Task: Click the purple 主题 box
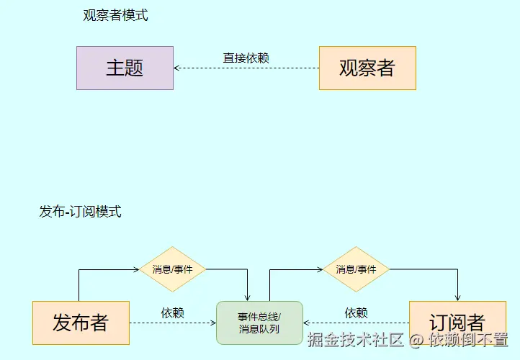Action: (125, 68)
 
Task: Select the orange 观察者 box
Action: (367, 68)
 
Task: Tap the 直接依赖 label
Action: (246, 58)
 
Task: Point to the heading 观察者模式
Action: (115, 15)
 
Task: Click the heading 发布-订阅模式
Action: (80, 212)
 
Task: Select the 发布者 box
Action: (81, 323)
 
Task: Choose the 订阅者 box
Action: (457, 323)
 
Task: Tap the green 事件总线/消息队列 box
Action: (259, 323)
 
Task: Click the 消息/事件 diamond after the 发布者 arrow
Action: (173, 270)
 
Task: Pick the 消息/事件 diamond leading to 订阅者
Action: (356, 270)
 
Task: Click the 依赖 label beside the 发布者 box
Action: (173, 313)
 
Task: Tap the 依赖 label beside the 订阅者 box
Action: (357, 313)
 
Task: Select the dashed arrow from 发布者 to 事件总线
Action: (173, 323)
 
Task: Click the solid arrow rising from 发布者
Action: (79, 284)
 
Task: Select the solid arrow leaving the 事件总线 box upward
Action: (269, 284)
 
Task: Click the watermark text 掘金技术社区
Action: (356, 339)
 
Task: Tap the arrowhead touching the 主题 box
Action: (177, 68)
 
